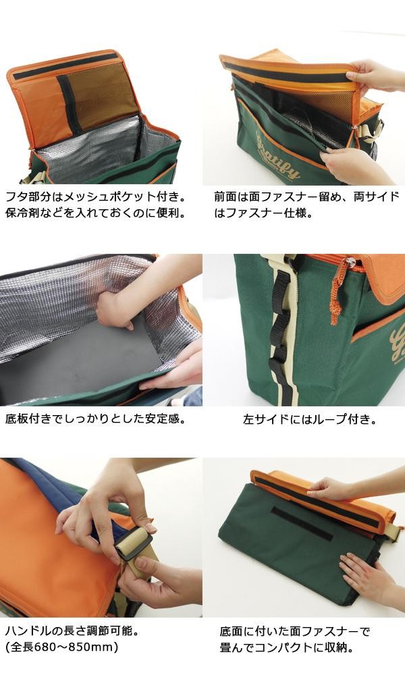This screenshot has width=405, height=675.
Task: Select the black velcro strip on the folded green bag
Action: point(302,524)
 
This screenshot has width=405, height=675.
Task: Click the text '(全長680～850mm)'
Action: point(61,647)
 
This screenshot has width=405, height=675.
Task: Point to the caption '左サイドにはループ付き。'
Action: point(310,419)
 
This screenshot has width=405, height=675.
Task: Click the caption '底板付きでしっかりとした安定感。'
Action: point(96,418)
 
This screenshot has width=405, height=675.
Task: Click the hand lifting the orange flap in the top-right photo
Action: point(375,77)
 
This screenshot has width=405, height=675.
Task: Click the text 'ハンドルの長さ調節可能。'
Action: point(72,632)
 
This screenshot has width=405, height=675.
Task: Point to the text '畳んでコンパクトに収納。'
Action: point(287,647)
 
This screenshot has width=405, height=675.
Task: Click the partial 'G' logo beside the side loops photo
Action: point(398,343)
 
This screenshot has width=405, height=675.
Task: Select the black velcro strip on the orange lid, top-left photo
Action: point(65,66)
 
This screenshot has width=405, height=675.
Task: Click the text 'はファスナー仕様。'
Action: point(263,213)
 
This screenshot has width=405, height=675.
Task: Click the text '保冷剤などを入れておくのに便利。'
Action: point(96,213)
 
